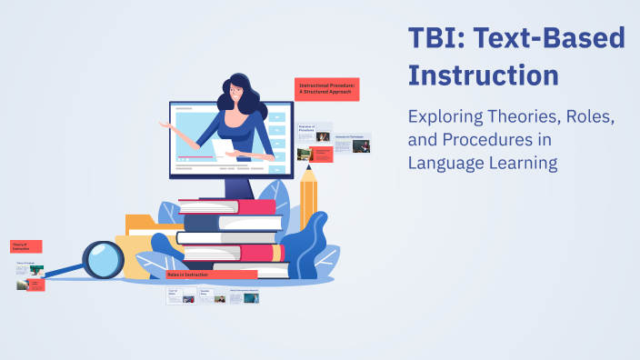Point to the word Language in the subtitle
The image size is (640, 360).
pyautogui.click(x=445, y=164)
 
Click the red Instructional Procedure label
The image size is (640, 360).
pyautogui.click(x=327, y=88)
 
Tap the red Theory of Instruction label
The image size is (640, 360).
pyautogui.click(x=25, y=246)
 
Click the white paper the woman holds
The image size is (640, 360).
pyautogui.click(x=223, y=145)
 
